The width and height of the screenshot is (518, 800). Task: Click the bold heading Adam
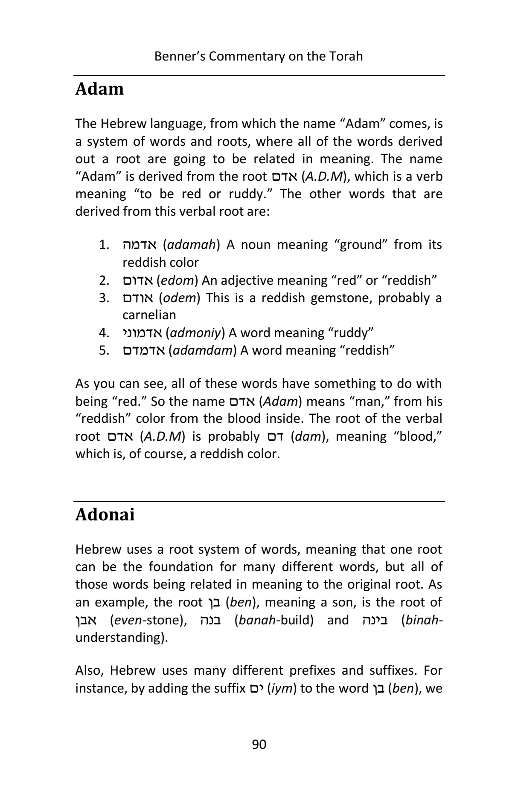pyautogui.click(x=99, y=89)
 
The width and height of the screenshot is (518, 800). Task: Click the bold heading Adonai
pyautogui.click(x=105, y=515)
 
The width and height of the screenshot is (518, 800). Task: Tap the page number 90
pyautogui.click(x=259, y=744)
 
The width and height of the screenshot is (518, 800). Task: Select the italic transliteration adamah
pyautogui.click(x=191, y=245)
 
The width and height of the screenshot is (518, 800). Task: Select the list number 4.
pyautogui.click(x=105, y=333)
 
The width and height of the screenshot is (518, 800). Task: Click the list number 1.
pyautogui.click(x=105, y=245)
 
